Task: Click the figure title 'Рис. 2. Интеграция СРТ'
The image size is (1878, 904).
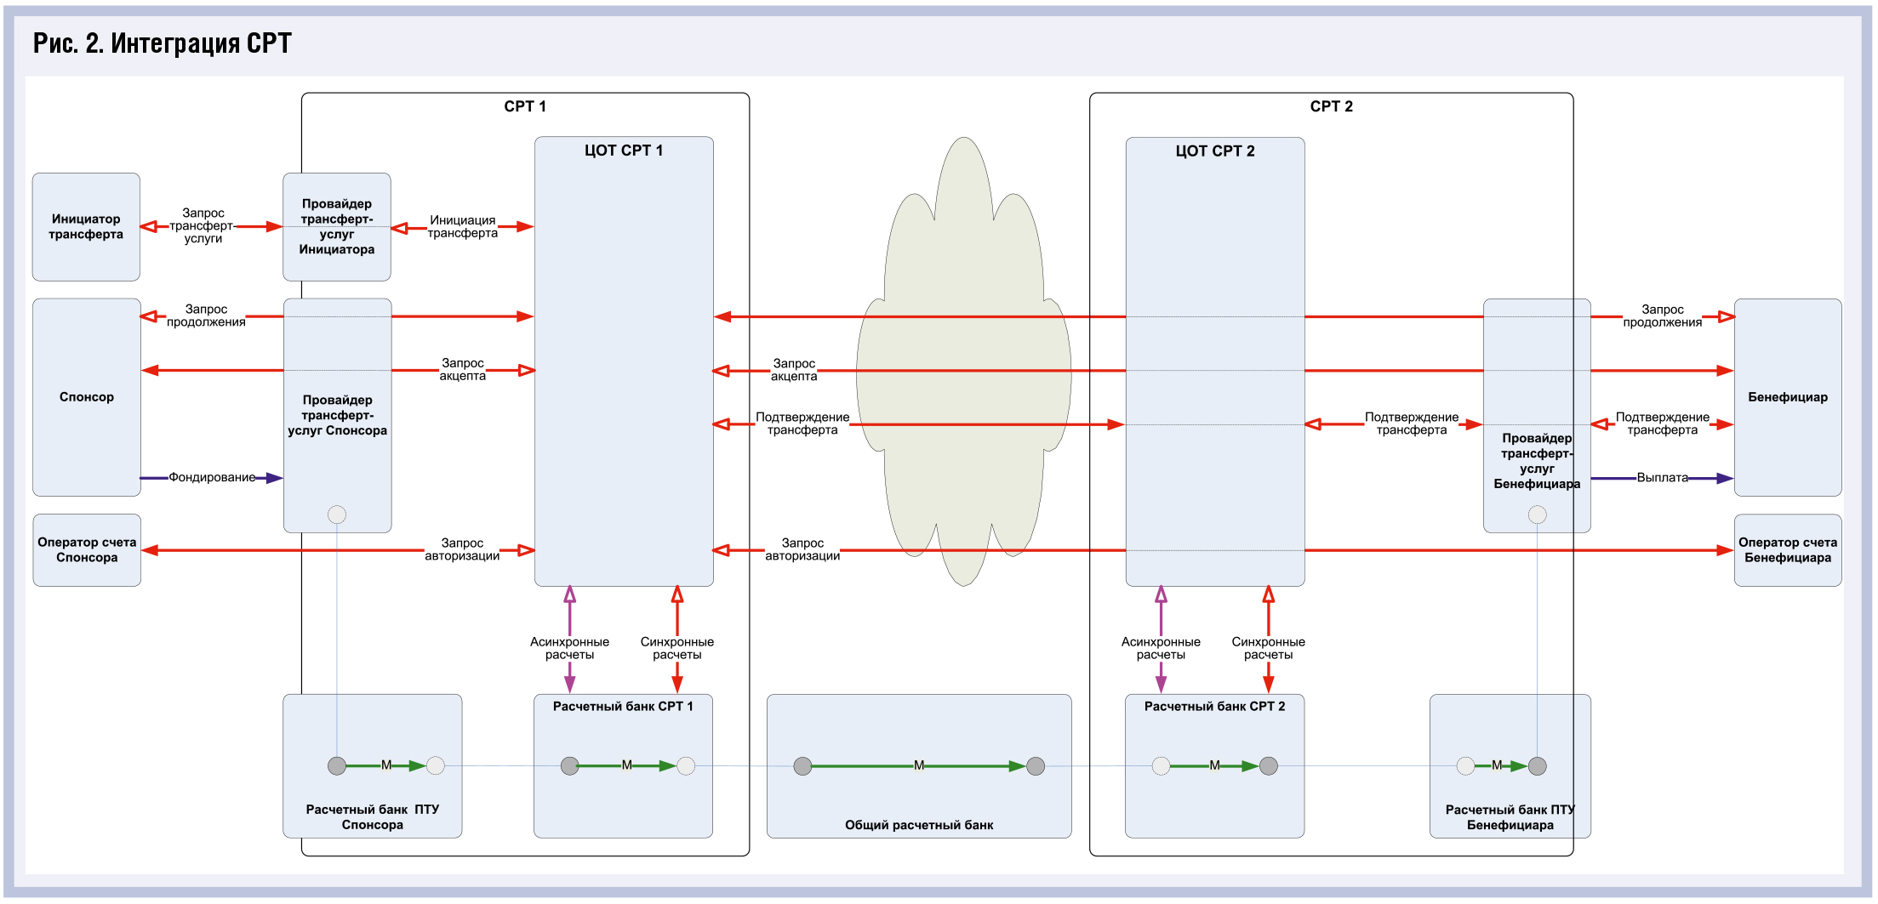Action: point(162,43)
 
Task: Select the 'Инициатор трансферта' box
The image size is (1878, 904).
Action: point(86,227)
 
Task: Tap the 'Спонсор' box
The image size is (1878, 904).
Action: point(87,397)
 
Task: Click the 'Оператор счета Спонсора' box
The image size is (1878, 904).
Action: point(87,550)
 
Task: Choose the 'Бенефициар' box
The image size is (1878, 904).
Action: point(1787,397)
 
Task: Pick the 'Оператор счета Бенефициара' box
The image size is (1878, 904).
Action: point(1787,550)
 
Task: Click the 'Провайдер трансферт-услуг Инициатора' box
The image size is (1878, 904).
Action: point(337,227)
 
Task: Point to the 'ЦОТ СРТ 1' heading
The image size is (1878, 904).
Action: point(623,151)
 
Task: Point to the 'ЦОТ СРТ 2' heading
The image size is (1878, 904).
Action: point(1214,151)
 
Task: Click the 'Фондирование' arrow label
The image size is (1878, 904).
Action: point(212,477)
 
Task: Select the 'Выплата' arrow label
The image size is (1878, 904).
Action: point(1662,478)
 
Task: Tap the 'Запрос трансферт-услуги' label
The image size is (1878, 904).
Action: point(203,226)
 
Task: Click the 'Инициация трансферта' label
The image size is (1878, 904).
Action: point(462,227)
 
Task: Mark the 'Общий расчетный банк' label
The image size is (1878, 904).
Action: point(919,825)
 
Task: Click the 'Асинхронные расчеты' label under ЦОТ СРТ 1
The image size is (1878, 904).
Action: point(569,648)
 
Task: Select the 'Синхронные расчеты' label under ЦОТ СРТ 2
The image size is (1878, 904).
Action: point(1268,648)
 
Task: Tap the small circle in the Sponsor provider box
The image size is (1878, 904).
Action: point(337,515)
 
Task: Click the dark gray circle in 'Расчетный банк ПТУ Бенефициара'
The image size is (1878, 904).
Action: point(1537,766)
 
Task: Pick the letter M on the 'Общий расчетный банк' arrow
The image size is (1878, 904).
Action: point(919,765)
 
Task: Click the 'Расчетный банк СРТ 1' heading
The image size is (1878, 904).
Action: point(623,707)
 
